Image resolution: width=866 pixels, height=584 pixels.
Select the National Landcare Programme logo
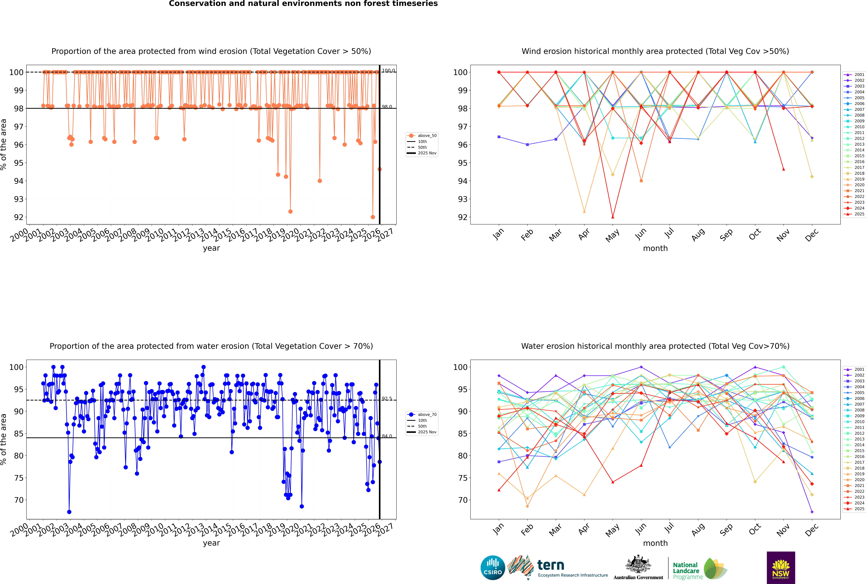click(699, 569)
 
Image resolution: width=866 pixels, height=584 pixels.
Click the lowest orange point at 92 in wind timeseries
click(373, 217)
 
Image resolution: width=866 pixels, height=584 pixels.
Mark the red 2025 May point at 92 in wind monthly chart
click(613, 217)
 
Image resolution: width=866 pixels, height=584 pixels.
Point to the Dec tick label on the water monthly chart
click(812, 529)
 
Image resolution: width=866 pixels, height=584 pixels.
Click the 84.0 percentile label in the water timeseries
click(387, 436)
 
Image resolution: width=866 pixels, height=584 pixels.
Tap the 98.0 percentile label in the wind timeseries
click(387, 107)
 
